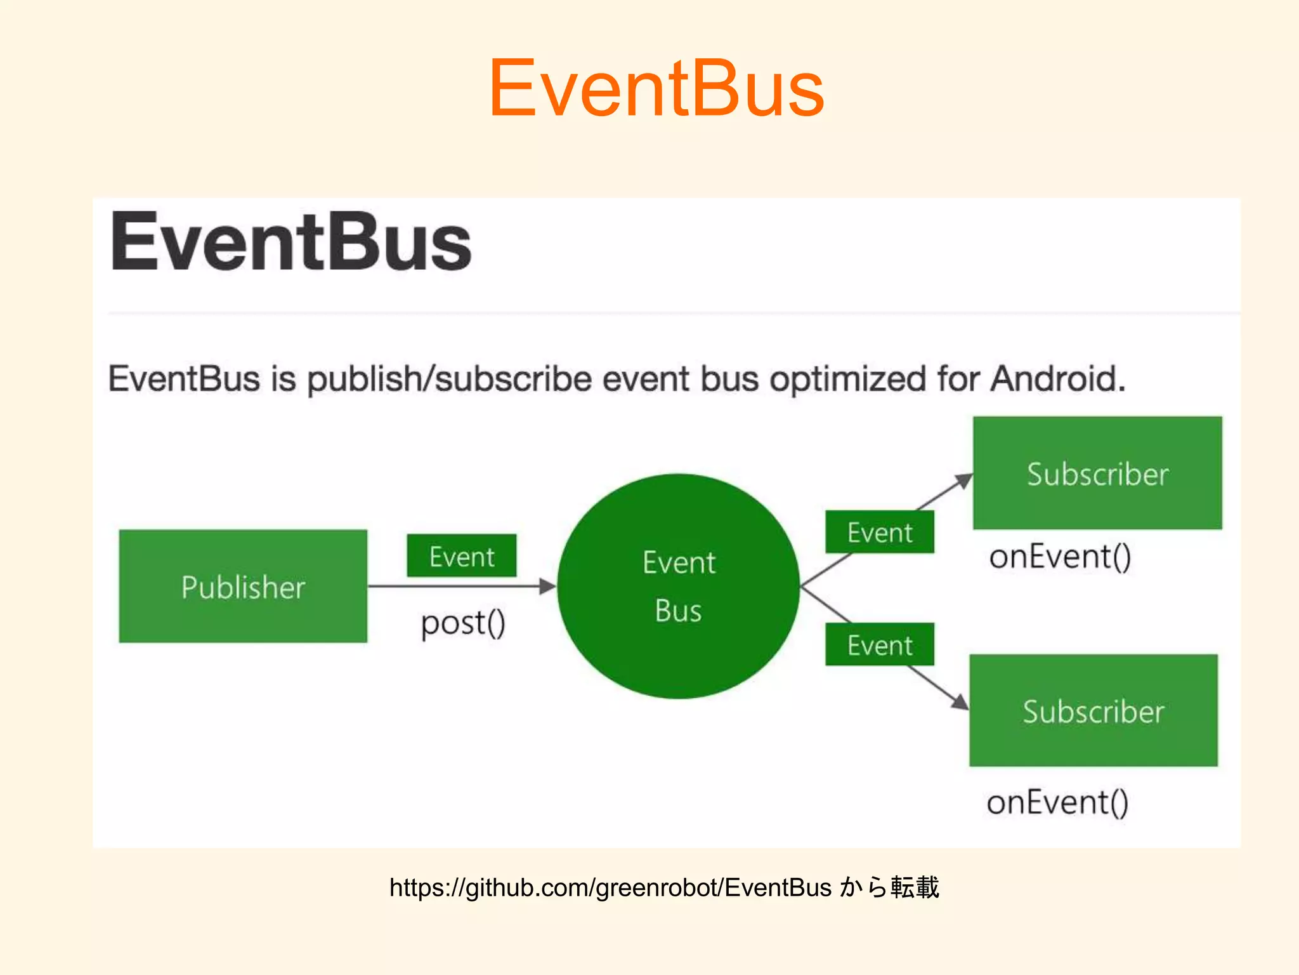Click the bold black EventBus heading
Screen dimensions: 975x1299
coord(290,242)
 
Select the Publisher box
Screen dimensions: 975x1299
coord(243,587)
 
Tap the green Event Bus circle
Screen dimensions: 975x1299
coord(678,587)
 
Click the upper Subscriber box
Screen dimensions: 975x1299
coord(1097,474)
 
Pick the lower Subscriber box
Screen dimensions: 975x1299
coord(1093,711)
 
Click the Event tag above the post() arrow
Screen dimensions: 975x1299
coord(461,557)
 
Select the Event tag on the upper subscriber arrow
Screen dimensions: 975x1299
coord(879,533)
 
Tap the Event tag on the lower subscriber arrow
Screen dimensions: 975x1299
coord(879,645)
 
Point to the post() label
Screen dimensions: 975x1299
coord(463,623)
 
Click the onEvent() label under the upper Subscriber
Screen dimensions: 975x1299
coord(1060,557)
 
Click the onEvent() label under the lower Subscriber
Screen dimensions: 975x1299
coord(1057,802)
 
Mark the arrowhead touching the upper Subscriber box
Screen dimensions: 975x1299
coord(964,481)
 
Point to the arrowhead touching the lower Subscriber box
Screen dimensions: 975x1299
coord(960,701)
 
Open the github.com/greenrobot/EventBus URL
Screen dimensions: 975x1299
coord(610,887)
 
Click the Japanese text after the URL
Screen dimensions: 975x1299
coord(889,887)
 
